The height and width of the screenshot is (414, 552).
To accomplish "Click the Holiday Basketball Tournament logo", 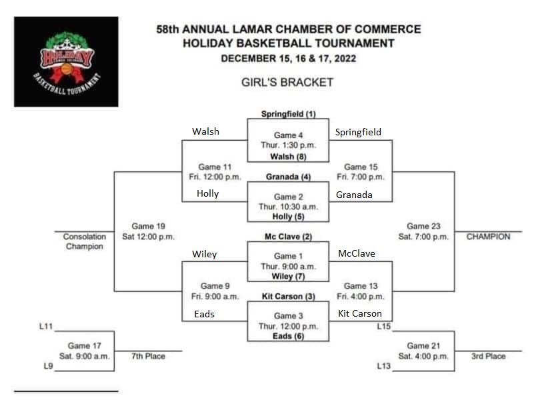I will [66, 61].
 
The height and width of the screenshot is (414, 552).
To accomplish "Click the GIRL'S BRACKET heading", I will [287, 83].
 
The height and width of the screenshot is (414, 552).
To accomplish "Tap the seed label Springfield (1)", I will [288, 114].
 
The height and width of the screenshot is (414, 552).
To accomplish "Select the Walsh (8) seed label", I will [288, 157].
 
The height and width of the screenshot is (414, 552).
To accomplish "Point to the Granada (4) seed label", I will [288, 177].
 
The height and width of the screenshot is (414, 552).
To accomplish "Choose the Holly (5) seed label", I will [288, 217].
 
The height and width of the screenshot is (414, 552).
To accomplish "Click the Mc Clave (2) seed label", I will [288, 237].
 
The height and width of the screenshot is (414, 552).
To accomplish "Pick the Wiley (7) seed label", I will [288, 276].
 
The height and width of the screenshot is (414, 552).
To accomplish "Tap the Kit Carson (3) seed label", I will [288, 297].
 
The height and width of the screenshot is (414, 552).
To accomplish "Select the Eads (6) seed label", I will [288, 337].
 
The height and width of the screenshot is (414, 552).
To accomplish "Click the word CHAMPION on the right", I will [488, 237].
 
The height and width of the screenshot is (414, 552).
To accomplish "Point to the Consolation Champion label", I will [85, 241].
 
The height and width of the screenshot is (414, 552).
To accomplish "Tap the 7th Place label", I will [147, 356].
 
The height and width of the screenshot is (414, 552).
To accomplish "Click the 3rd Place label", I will [488, 356].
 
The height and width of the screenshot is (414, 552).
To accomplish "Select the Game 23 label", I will [423, 227].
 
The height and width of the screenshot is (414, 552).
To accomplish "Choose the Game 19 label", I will [148, 227].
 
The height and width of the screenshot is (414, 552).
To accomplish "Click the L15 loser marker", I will [383, 326].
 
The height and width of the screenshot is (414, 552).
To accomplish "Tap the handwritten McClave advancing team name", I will [356, 253].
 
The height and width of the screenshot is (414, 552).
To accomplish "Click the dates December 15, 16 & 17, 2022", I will [288, 58].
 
